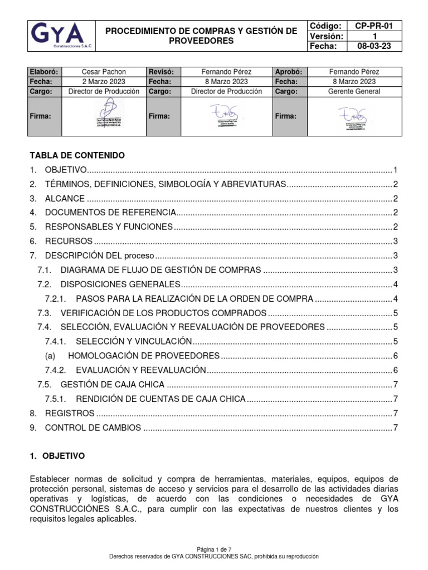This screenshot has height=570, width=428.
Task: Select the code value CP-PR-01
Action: point(373,26)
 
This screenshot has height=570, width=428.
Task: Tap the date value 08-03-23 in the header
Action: point(373,46)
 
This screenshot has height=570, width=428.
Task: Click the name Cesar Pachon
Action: point(104,72)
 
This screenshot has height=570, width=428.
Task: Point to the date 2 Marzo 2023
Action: point(104,81)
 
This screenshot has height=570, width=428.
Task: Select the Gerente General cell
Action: point(354,91)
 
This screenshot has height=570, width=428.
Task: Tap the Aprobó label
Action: point(289,72)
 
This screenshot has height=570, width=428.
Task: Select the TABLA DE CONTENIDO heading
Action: point(77,155)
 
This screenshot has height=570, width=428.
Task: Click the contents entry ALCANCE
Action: point(65,199)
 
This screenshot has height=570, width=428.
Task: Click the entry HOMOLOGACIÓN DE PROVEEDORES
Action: point(143,356)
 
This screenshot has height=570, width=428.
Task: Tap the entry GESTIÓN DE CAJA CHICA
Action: point(113,385)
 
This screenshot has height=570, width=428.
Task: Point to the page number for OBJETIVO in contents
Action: point(395,170)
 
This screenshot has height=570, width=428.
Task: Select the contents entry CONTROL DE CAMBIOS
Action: point(93,427)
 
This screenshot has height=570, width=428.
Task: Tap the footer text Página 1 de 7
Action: point(214,548)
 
